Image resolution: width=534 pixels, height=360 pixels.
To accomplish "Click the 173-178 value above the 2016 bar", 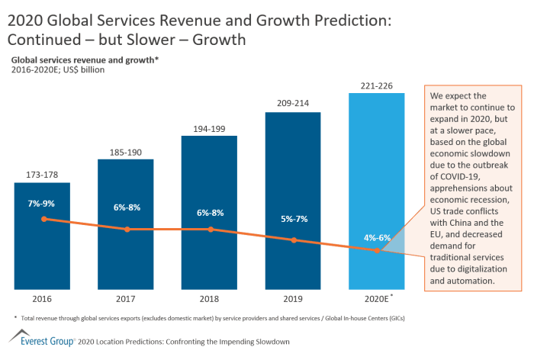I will coord(42,175).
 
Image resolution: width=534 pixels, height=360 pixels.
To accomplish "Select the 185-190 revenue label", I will coord(126,153).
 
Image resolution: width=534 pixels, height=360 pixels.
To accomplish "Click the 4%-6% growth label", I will coord(377,237).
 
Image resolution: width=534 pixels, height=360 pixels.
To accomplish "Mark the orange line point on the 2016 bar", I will coord(43,219).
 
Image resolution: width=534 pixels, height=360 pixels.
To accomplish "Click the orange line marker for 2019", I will coord(294,240).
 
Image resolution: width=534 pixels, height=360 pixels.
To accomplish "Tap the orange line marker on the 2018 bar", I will coord(210,229).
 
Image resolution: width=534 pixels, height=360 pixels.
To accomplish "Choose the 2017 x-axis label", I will coord(126,297).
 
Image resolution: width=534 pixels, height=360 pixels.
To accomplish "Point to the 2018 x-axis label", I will coord(209,297).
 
